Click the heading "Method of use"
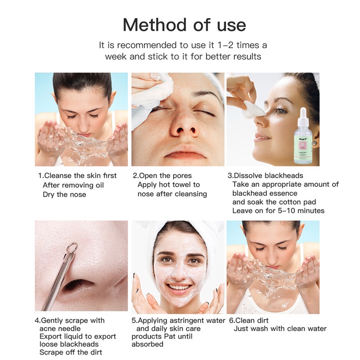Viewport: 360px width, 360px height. [x=184, y=25]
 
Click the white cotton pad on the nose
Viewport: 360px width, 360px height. [x=253, y=110]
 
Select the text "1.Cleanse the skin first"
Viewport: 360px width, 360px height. [x=77, y=175]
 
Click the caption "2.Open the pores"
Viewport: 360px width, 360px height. [x=162, y=175]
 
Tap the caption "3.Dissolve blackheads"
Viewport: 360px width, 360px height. [x=265, y=175]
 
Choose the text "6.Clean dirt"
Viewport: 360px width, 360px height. [x=249, y=320]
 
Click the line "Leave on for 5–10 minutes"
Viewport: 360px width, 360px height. [x=278, y=211]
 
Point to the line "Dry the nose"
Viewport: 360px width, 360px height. [x=64, y=194]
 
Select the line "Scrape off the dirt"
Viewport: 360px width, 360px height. [x=71, y=352]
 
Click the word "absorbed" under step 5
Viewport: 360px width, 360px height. [x=148, y=344]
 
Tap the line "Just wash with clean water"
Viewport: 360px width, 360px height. [x=280, y=328]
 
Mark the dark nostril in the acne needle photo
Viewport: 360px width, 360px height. [x=78, y=286]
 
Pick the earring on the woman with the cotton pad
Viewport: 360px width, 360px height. [x=315, y=144]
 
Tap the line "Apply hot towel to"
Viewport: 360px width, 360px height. [x=169, y=184]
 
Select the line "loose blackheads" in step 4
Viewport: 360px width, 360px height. [x=69, y=344]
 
